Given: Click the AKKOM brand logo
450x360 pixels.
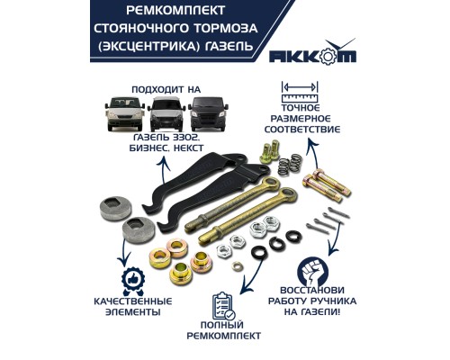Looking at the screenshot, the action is click(x=312, y=51).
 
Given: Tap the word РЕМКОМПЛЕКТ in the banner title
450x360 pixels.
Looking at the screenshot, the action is click(x=175, y=11).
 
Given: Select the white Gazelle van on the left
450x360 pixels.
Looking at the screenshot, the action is click(x=125, y=113).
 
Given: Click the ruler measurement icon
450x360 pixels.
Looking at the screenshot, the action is click(x=300, y=92).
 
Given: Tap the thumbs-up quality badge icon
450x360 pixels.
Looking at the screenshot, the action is click(x=133, y=282).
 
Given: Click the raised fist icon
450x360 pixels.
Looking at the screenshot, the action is click(x=313, y=270).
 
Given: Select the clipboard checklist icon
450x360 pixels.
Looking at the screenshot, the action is click(x=224, y=306).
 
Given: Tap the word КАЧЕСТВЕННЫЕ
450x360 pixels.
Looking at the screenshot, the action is click(x=133, y=301).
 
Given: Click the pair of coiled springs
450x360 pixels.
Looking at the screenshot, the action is click(x=290, y=164).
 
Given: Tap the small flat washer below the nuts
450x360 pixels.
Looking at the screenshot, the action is click(x=238, y=265).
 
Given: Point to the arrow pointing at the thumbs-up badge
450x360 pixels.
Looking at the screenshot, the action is click(x=123, y=253).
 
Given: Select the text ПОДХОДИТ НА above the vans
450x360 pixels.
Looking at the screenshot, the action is click(x=166, y=90).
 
